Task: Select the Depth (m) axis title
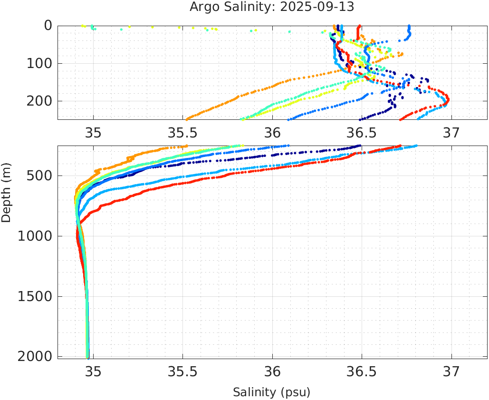coord(6,195)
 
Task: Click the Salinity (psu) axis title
coord(271,392)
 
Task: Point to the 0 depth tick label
coord(48,26)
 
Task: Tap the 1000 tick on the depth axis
coord(35,236)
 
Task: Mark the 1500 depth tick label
coord(35,296)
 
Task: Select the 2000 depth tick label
coord(35,356)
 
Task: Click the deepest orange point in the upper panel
coord(187,119)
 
